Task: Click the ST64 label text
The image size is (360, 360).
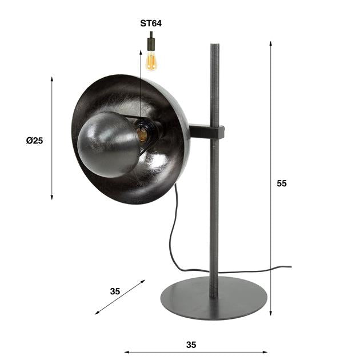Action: (x=151, y=23)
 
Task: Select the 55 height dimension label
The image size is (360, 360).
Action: (x=281, y=183)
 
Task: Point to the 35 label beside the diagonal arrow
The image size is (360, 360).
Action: (x=115, y=291)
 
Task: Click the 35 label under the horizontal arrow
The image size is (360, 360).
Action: (x=191, y=345)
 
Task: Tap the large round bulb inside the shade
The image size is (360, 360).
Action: (x=108, y=144)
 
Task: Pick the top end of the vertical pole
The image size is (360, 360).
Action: (x=214, y=46)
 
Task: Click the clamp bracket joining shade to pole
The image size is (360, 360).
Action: (x=206, y=132)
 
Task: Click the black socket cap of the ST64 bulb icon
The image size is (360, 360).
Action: (x=151, y=42)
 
